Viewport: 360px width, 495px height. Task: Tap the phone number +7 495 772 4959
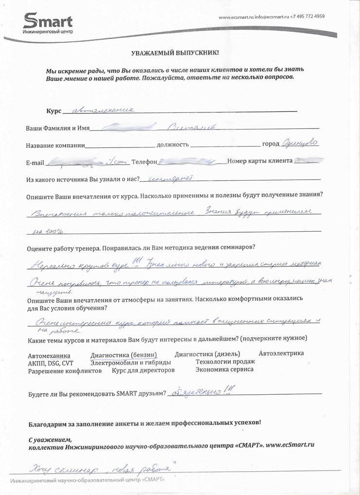click(307, 17)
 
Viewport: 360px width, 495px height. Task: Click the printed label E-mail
click(35, 162)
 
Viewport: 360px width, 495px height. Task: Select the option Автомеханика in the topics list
click(49, 355)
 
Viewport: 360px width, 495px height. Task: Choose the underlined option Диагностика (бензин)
click(124, 355)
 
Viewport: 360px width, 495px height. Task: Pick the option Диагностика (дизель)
click(207, 353)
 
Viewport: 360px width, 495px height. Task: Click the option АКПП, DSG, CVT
click(51, 363)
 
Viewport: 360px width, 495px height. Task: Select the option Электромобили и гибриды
click(131, 363)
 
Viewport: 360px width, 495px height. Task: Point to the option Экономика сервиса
click(224, 369)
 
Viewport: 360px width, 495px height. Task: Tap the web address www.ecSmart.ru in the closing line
click(290, 444)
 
